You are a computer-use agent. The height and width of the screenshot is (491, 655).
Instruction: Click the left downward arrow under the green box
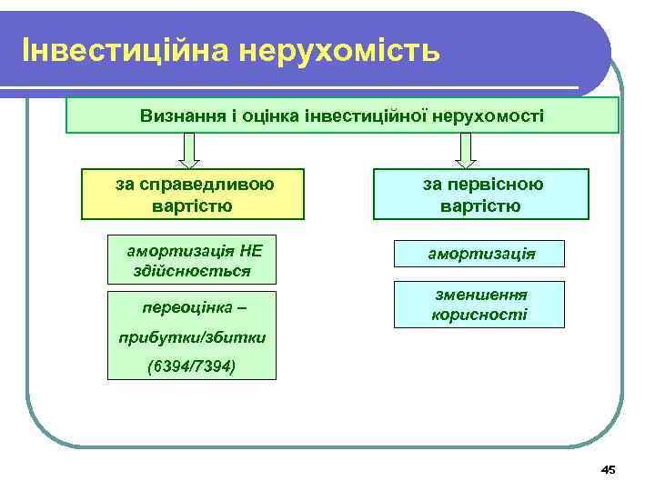189,150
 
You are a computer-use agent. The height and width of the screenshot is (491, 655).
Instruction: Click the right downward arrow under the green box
466,150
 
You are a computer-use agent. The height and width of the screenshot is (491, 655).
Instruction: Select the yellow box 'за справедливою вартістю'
193,195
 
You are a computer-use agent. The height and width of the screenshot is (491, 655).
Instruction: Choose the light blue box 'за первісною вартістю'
481,195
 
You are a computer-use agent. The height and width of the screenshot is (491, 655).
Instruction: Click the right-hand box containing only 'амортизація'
480,253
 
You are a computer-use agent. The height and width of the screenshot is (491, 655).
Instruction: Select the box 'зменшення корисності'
479,305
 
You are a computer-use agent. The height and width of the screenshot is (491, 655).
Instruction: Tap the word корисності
479,315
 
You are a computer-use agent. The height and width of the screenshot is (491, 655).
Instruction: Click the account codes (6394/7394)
190,367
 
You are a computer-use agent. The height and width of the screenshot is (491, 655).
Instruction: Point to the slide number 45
608,469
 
